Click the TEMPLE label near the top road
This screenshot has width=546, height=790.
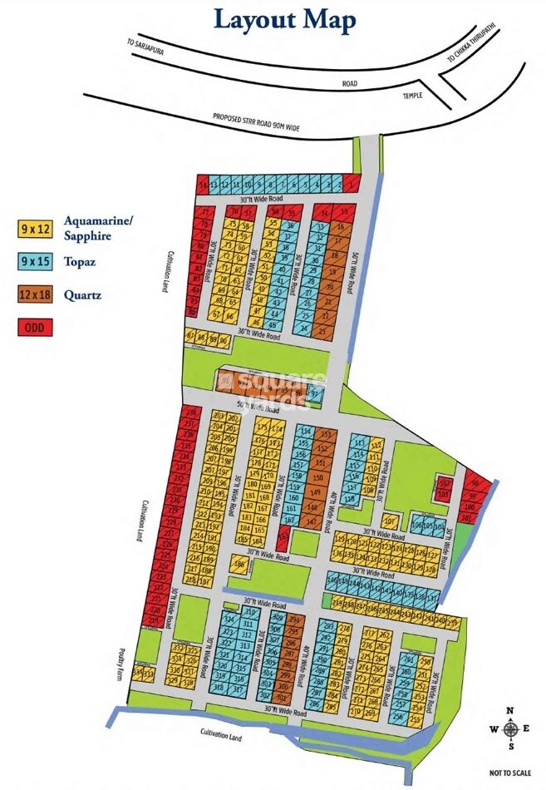(414, 96)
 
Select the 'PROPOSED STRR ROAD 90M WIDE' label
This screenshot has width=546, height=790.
(256, 121)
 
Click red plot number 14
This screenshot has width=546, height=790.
(202, 185)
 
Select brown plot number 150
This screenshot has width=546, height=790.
(317, 477)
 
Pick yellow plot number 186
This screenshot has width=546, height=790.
(241, 565)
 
